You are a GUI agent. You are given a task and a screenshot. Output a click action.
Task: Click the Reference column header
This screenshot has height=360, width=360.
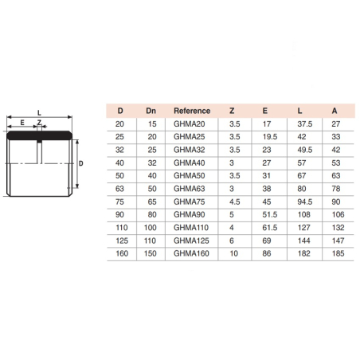[x=192, y=111]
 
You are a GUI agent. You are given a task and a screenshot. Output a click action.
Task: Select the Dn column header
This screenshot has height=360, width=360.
[x=151, y=111]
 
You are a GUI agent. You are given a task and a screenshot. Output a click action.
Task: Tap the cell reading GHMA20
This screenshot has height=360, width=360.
[x=190, y=124]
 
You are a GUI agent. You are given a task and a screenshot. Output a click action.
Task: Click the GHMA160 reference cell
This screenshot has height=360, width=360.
[x=191, y=253]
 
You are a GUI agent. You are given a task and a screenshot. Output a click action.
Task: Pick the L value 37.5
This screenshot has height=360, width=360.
[x=305, y=124]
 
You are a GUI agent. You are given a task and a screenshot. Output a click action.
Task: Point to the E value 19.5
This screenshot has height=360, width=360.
[x=270, y=137]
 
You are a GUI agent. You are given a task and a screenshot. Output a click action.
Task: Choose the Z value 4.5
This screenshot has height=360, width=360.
[x=235, y=202]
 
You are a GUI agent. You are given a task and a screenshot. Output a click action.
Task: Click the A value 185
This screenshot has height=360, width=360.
[x=338, y=253]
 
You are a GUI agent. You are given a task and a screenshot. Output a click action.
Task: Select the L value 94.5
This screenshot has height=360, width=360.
[x=305, y=202]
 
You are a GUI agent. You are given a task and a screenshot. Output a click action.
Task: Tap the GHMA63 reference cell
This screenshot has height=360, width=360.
[x=190, y=189]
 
